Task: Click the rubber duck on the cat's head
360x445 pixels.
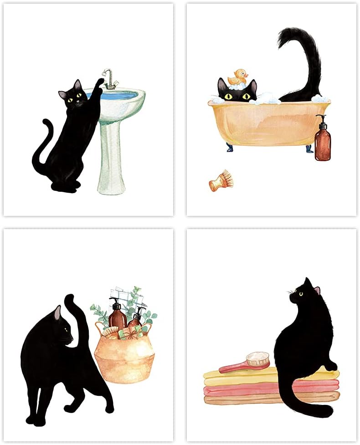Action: point(238,77)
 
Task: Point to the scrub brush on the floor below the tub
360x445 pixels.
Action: point(221,181)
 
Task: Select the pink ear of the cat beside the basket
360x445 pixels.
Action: point(57,313)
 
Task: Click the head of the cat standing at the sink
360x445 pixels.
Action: point(73,96)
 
